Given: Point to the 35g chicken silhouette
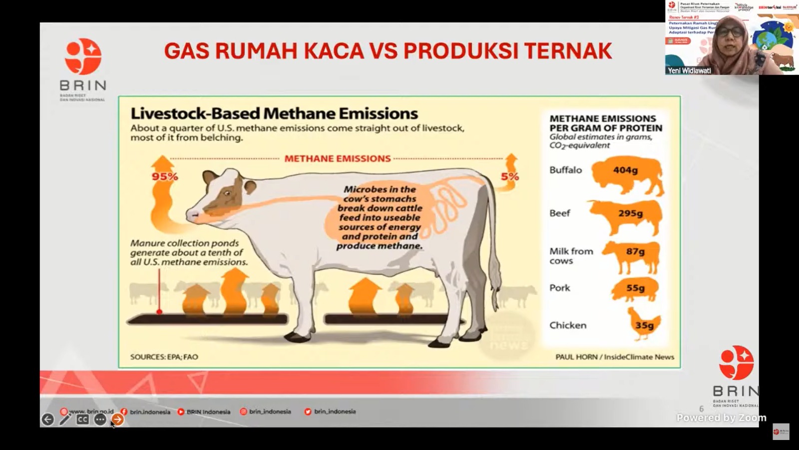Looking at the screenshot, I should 644,324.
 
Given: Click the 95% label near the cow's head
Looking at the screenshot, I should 165,176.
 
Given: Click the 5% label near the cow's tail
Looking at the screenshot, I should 510,176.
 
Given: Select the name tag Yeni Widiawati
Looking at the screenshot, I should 689,70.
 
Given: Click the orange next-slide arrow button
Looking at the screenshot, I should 117,419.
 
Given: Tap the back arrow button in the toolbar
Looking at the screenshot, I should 47,419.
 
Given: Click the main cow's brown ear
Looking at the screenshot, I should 249,187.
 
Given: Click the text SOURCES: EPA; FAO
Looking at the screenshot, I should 164,357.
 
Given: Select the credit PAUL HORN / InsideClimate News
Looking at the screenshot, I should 615,357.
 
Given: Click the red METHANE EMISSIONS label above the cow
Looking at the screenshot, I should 338,158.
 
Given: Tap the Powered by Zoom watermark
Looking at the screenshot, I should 721,417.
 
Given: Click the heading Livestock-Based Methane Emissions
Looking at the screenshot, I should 274,113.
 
